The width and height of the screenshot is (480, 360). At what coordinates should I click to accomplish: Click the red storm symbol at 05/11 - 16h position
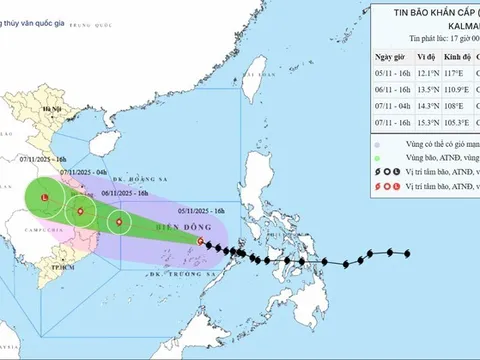pyautogui.click(x=202, y=241)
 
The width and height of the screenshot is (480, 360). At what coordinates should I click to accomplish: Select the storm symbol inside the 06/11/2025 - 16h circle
pyautogui.click(x=119, y=222)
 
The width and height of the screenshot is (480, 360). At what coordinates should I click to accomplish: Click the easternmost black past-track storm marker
pyautogui.click(x=406, y=253)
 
